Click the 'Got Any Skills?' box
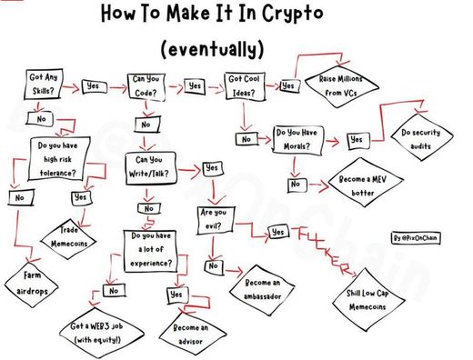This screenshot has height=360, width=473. pyautogui.click(x=44, y=84)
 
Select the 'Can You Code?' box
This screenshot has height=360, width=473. pyautogui.click(x=146, y=86)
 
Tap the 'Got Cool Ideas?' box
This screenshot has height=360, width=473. pyautogui.click(x=245, y=85)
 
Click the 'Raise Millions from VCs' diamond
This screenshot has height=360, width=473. pyautogui.click(x=341, y=86)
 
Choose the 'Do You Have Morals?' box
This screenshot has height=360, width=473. pyautogui.click(x=297, y=140)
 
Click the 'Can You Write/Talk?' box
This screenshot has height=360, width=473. pyautogui.click(x=150, y=168)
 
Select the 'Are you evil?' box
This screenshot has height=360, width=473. pyautogui.click(x=216, y=220)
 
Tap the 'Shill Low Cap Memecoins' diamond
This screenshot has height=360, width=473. pyautogui.click(x=368, y=300)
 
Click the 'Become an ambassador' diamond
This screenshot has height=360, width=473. pyautogui.click(x=262, y=290)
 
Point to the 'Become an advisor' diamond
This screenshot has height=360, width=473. pyautogui.click(x=192, y=335)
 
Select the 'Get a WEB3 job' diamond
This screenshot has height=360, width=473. pyautogui.click(x=101, y=333)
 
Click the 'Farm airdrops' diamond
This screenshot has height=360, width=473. pyautogui.click(x=32, y=285)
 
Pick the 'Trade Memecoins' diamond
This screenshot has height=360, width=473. pyautogui.click(x=68, y=238)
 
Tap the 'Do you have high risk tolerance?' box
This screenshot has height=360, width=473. pyautogui.click(x=59, y=158)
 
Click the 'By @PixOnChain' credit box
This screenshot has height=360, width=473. pyautogui.click(x=416, y=238)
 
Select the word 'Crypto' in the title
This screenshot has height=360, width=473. pyautogui.click(x=293, y=14)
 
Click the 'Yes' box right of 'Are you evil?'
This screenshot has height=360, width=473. pyautogui.click(x=278, y=232)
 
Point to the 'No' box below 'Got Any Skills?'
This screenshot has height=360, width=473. pyautogui.click(x=40, y=118)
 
